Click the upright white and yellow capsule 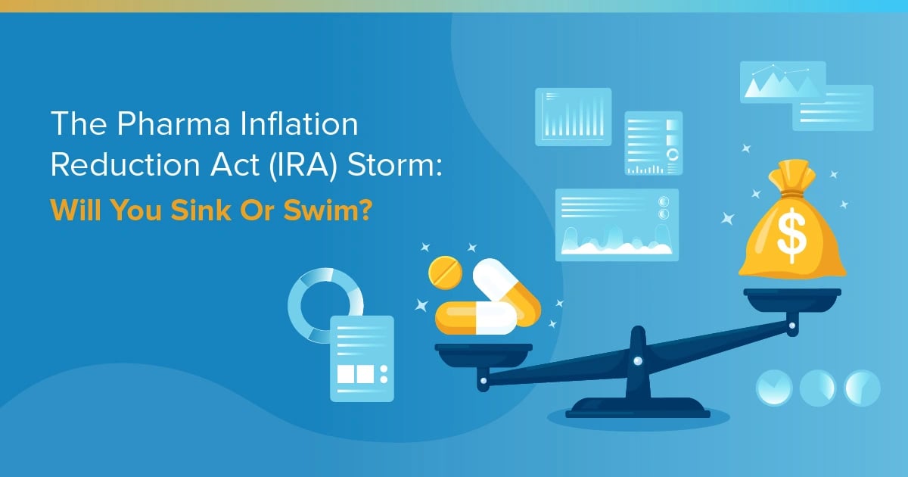pos(505,291)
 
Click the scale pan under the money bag pos(792,297)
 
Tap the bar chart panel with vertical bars pos(573,117)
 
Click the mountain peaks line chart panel pos(782,82)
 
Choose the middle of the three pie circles pos(818,388)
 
